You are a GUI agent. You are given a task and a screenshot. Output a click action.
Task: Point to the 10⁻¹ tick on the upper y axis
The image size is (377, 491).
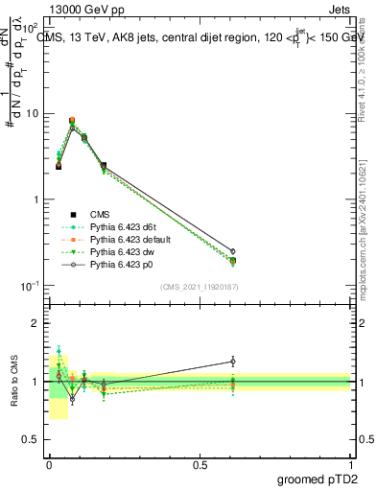[x=29, y=286]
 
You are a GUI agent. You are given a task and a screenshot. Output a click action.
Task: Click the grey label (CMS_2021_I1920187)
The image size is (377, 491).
[x=199, y=287]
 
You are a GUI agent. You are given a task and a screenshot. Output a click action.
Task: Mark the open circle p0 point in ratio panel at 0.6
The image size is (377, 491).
[x=232, y=362]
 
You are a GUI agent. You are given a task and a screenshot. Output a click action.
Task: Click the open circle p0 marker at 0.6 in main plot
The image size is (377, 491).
[x=232, y=251]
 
